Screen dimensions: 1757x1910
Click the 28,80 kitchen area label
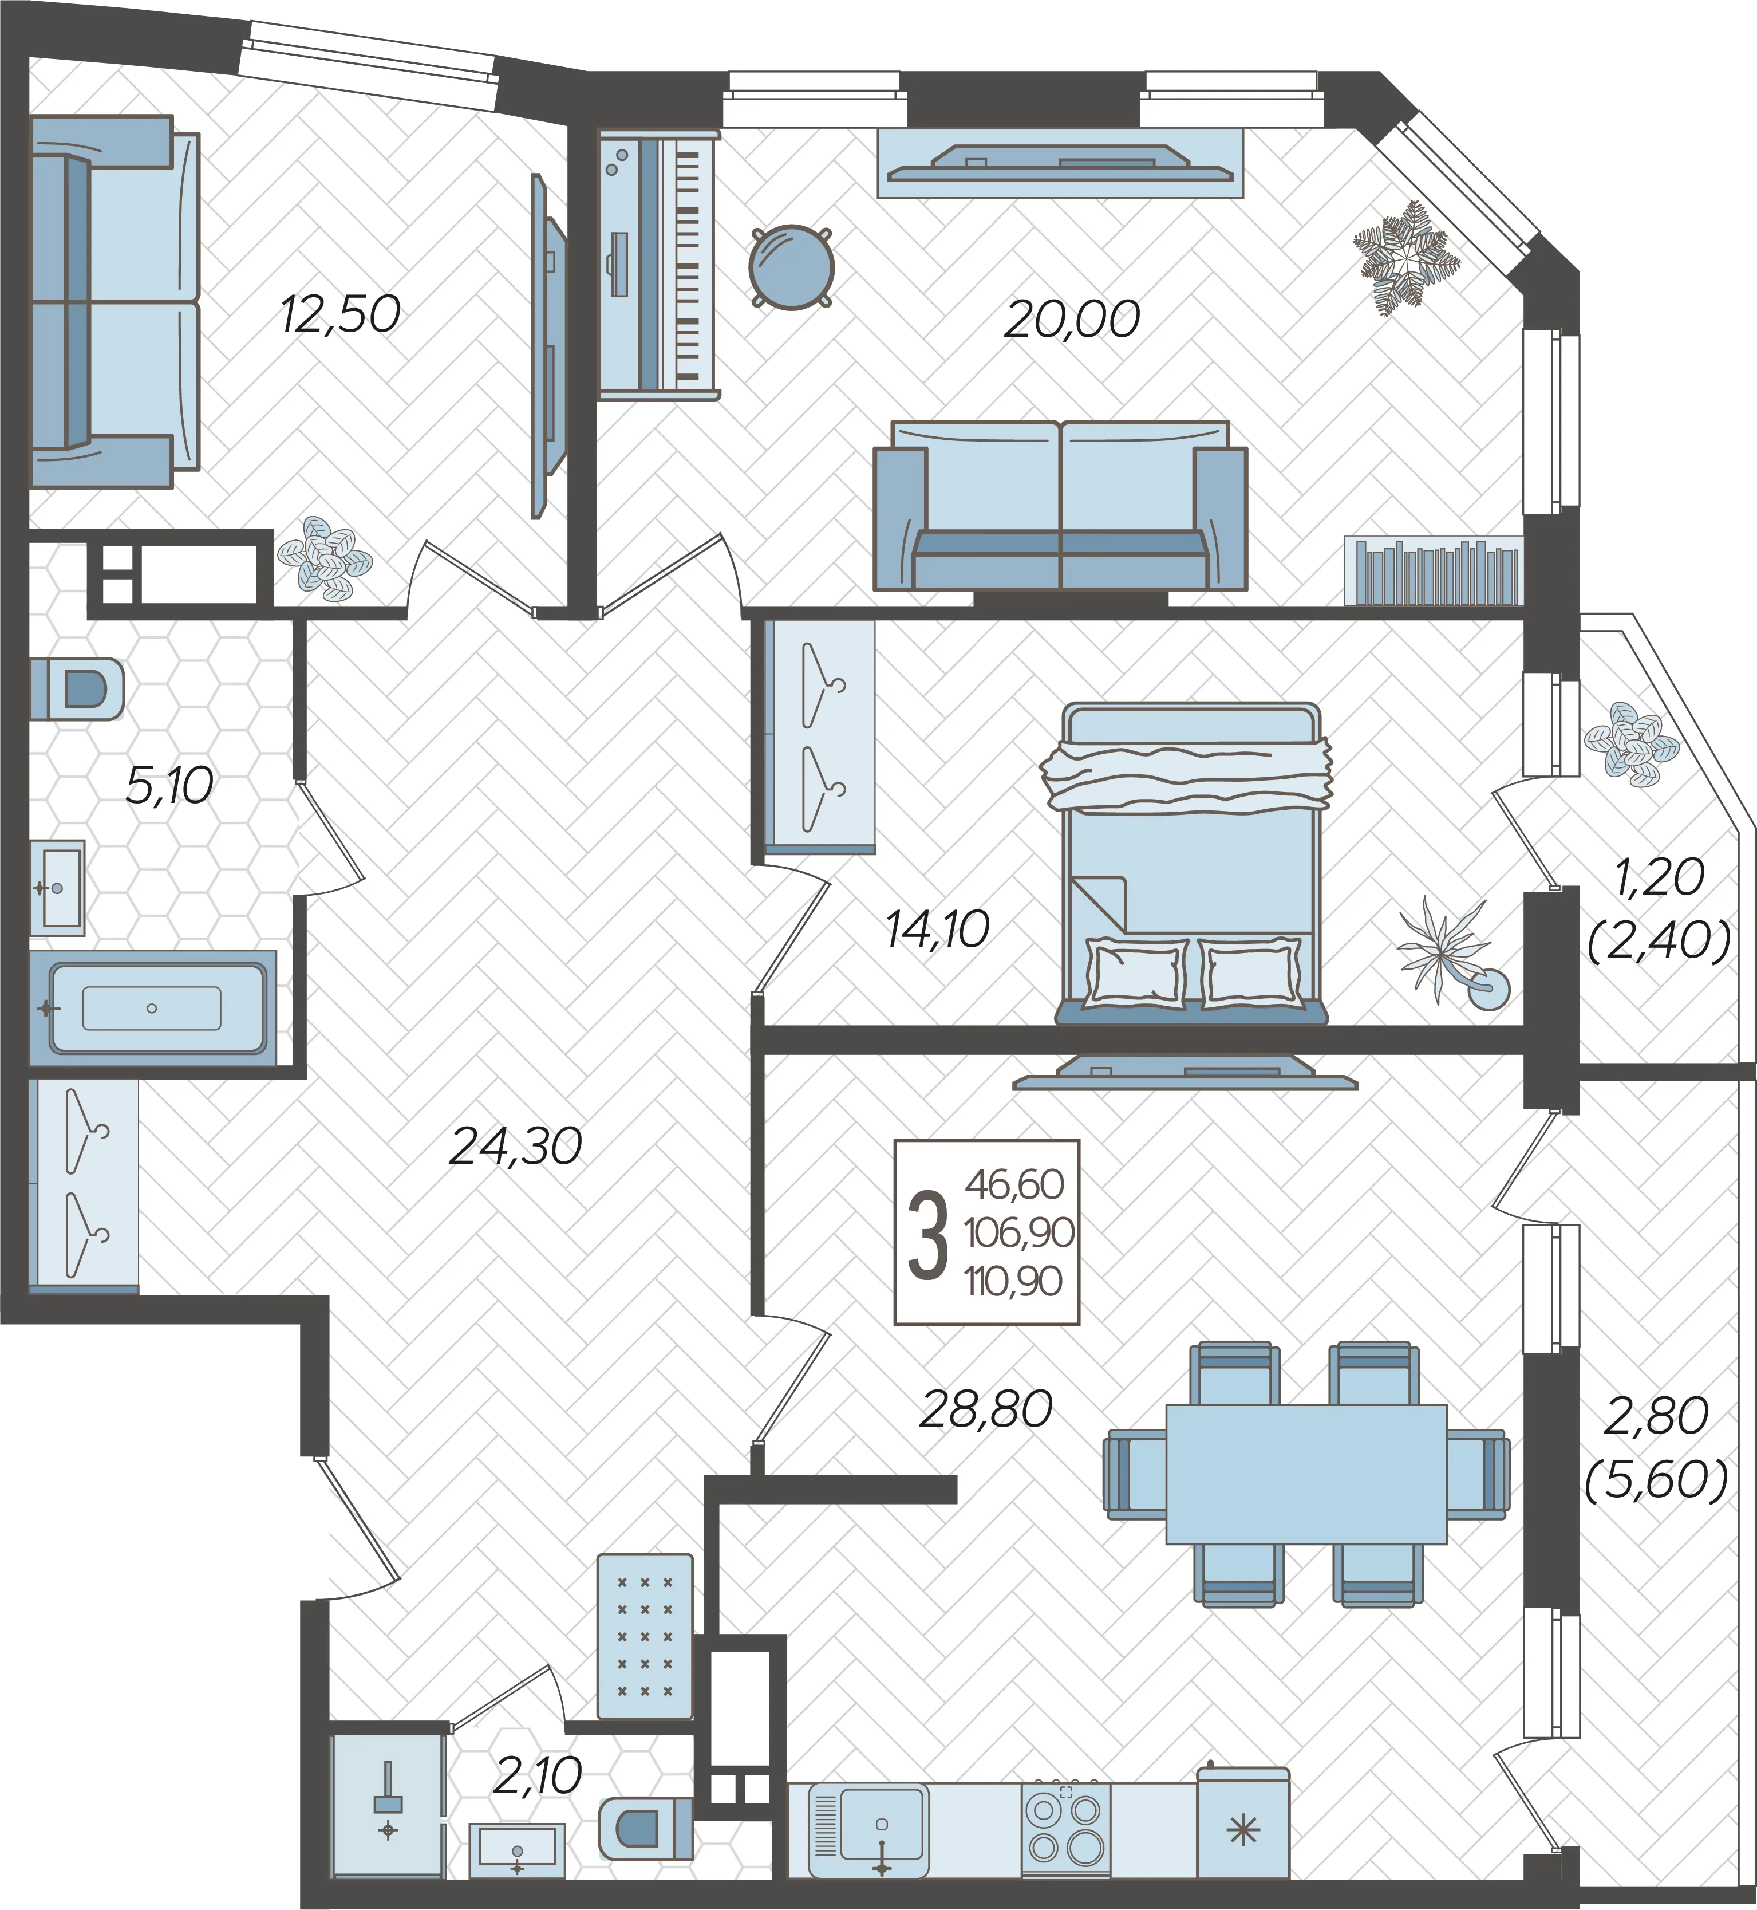[986, 1409]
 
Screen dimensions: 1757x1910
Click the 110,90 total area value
[1013, 1281]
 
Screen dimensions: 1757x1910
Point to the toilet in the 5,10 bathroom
[78, 688]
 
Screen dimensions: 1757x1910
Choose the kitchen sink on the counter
[868, 1829]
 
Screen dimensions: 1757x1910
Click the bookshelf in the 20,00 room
[1434, 571]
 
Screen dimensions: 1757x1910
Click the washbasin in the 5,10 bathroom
[57, 888]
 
